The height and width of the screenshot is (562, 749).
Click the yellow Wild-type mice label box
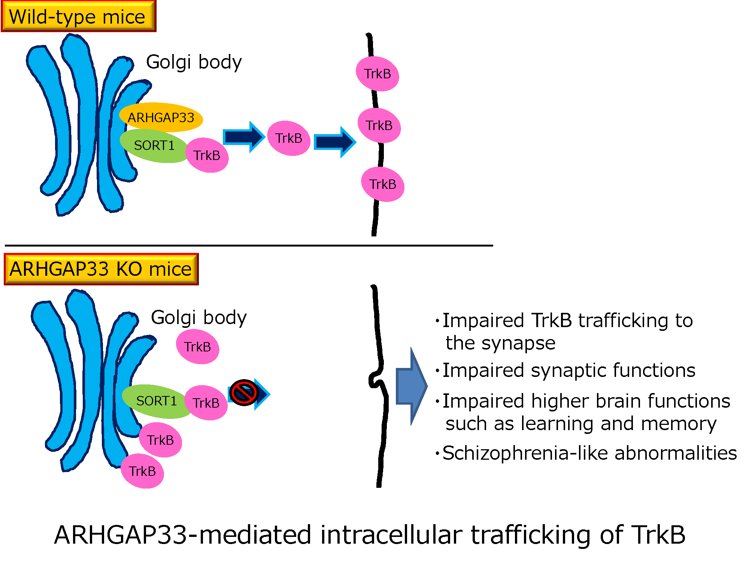click(x=78, y=16)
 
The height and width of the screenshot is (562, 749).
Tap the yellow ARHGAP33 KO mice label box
click(x=101, y=269)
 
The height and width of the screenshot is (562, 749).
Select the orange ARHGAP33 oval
click(x=161, y=117)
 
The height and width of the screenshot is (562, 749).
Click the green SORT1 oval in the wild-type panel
click(x=154, y=146)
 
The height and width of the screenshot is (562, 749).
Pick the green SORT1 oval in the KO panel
click(x=156, y=401)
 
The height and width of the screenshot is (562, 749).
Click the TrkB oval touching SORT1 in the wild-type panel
click(x=207, y=155)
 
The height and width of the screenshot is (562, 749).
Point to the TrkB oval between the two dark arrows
click(x=289, y=138)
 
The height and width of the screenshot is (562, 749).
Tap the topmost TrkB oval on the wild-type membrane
click(x=377, y=74)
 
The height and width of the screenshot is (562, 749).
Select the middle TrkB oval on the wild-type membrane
click(x=379, y=126)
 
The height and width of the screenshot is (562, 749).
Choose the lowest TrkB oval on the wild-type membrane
click(x=383, y=184)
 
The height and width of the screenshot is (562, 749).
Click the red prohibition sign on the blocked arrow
click(x=244, y=392)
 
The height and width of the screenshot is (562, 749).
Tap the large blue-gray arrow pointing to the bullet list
click(x=411, y=386)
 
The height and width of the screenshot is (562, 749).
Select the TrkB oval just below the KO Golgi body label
click(x=197, y=347)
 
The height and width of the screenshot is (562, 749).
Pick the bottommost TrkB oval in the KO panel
click(x=142, y=471)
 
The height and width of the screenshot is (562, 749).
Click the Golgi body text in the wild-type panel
click(x=194, y=62)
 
